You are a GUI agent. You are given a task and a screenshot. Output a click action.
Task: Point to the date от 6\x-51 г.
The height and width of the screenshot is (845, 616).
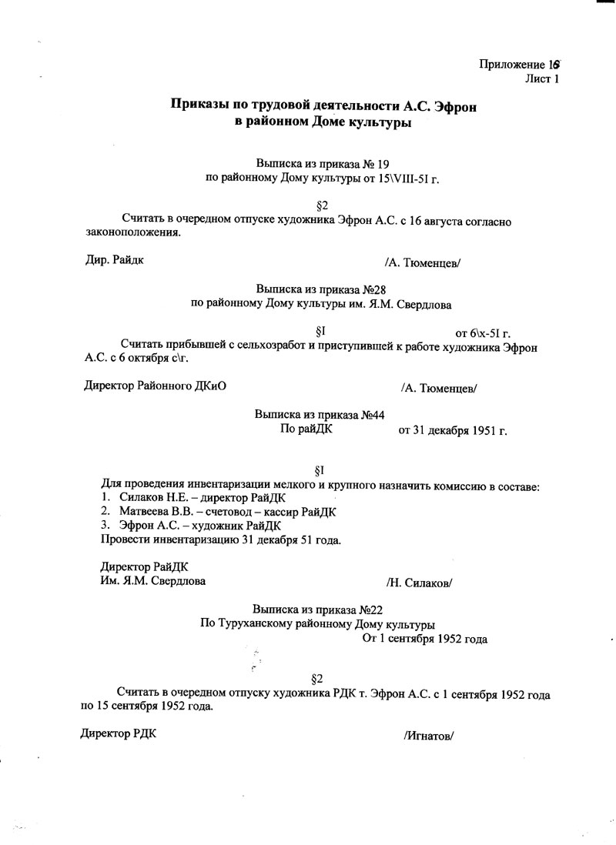click(x=484, y=333)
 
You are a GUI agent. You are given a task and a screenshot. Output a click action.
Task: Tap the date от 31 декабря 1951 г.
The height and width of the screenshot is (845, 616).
click(x=452, y=430)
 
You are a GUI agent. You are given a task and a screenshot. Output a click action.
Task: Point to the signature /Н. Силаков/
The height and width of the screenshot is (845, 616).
click(x=419, y=583)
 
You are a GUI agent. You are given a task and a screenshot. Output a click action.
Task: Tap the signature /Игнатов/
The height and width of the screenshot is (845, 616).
click(x=428, y=735)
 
